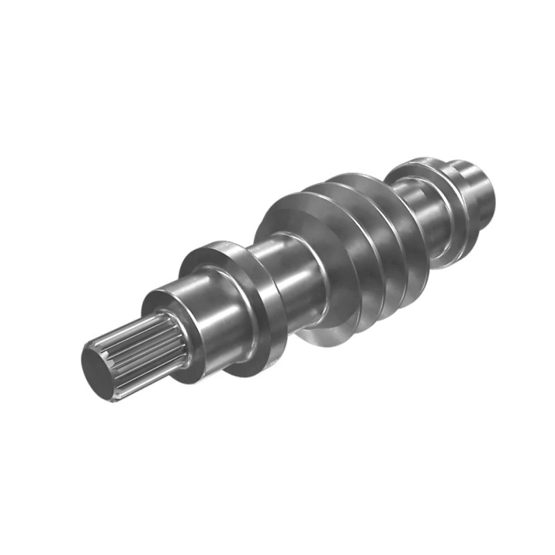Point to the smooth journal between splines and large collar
click(208, 312)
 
